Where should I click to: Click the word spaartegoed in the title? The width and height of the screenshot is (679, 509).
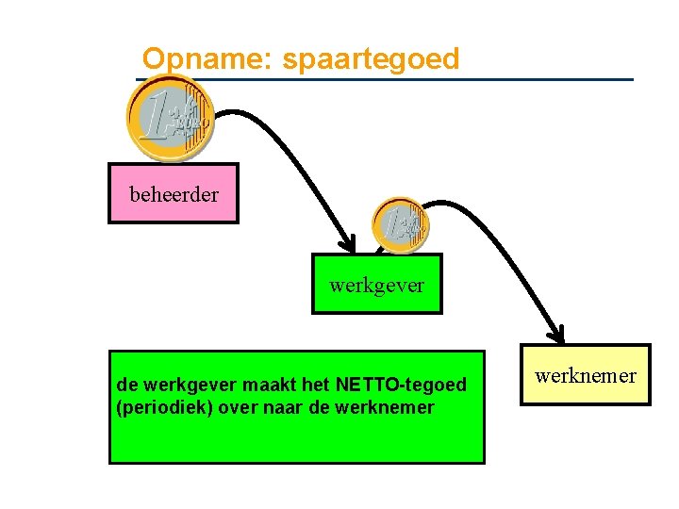[x=371, y=59]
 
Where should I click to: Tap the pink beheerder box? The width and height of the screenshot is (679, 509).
[x=174, y=194]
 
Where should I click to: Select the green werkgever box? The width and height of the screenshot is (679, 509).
[x=377, y=283]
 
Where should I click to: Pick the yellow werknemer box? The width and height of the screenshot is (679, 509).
[x=586, y=375]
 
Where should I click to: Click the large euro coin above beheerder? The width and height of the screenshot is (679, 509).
[x=171, y=120]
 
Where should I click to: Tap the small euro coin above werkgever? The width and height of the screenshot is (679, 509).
[x=400, y=225]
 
